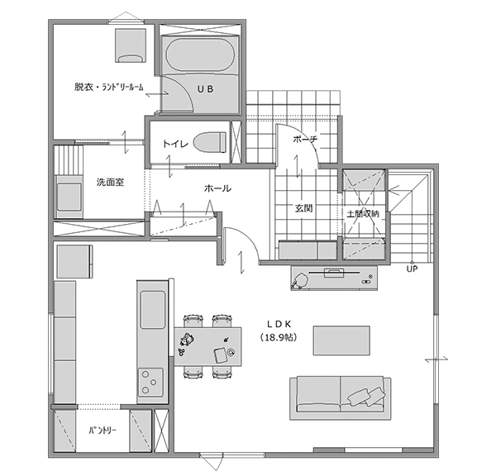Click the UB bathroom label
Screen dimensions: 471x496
204,88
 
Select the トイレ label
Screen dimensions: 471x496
176,143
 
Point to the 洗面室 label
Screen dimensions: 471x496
110,182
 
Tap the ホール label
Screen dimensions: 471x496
217,188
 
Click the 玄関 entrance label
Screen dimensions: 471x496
303,207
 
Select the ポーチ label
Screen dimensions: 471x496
305,140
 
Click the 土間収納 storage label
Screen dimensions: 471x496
364,213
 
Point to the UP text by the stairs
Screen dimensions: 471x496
411,268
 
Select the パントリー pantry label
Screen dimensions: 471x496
103,431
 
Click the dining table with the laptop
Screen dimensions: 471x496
208,346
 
